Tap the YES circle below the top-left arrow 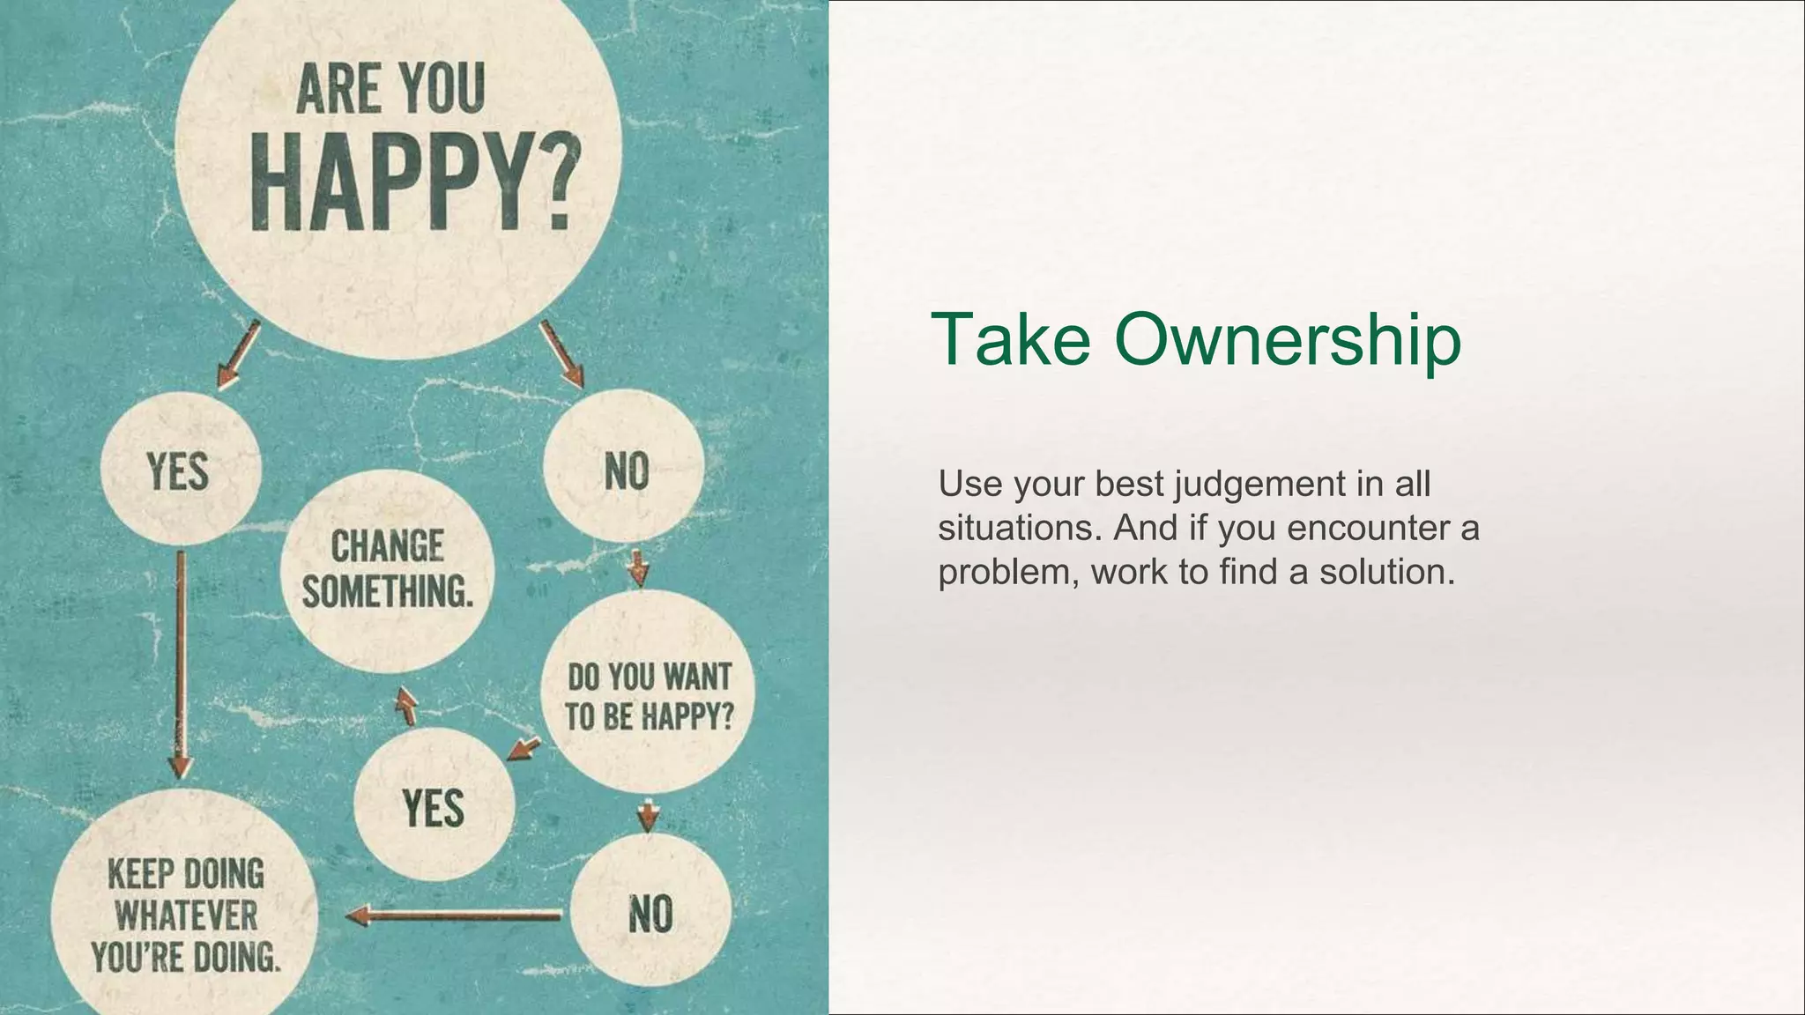(180, 470)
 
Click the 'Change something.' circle (388, 569)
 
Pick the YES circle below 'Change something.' (433, 807)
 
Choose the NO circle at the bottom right (650, 913)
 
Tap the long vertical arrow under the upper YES (180, 661)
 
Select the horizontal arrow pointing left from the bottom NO (454, 915)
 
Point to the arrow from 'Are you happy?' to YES (238, 354)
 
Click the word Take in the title (1012, 339)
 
